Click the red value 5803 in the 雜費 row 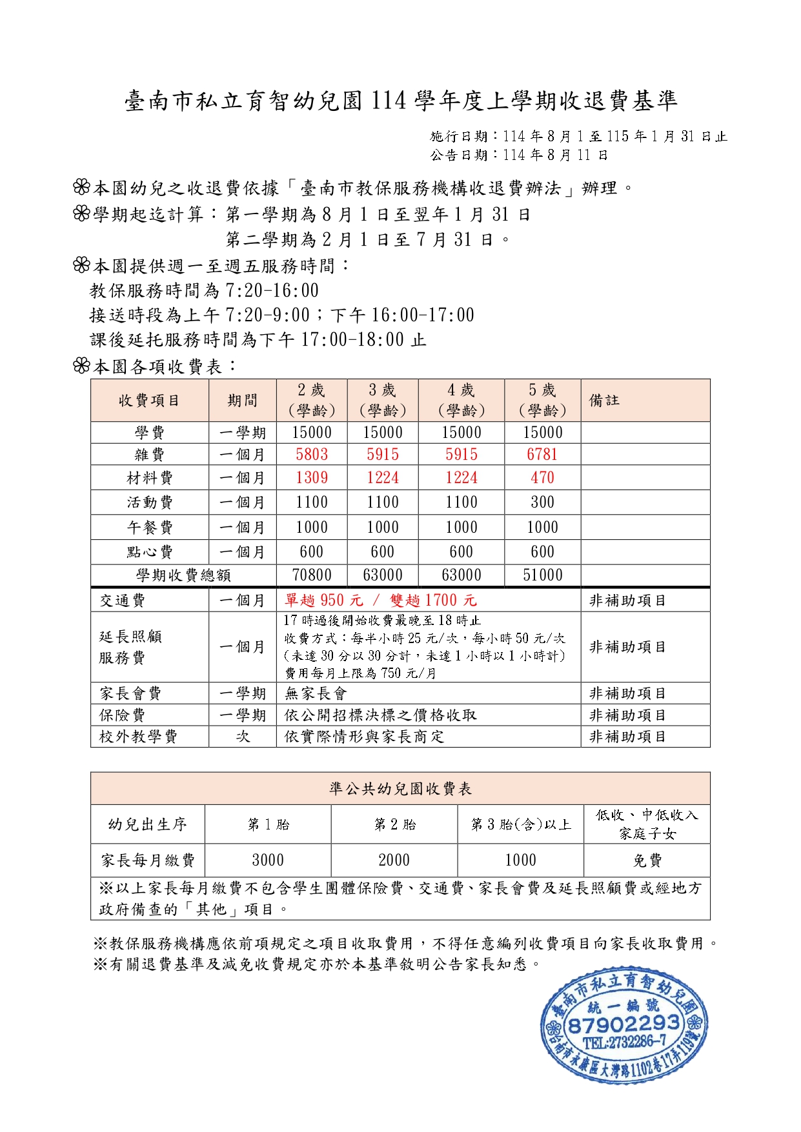312,455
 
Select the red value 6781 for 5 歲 542,455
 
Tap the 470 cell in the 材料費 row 542,478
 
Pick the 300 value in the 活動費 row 542,502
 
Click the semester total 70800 312,575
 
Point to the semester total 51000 542,575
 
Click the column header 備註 604,401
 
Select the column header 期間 243,401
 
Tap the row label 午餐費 150,528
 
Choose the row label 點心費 150,552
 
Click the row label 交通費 123,601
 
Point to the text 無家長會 316,693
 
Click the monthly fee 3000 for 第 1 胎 268,860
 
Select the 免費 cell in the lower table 647,860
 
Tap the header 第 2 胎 394,824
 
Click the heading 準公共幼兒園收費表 400,788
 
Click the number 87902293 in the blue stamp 624,1024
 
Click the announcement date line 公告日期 519,155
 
